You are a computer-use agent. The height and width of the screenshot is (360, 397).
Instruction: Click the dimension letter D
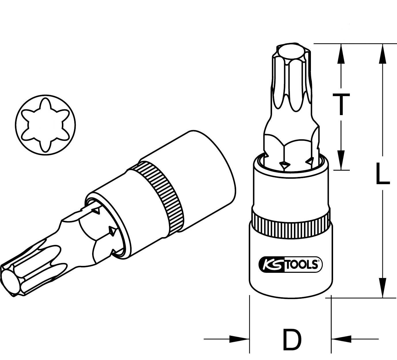pos(292,340)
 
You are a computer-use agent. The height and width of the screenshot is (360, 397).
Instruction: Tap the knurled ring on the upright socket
pos(290,222)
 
